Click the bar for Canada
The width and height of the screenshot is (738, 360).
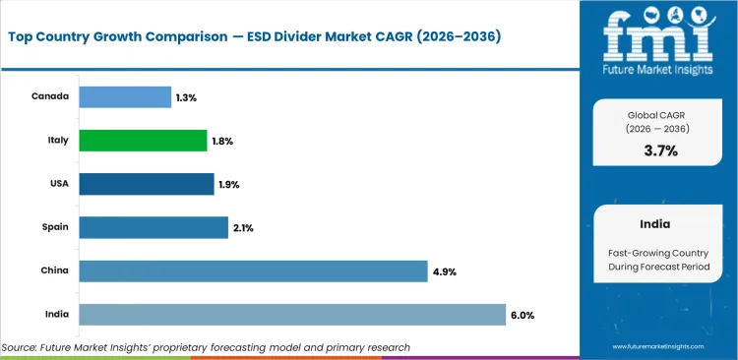tap(124, 97)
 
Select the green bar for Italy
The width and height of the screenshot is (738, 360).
tap(142, 141)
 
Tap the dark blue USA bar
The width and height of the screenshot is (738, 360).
tap(146, 184)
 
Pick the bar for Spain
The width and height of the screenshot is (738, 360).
tap(153, 227)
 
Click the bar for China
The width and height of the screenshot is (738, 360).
tap(253, 270)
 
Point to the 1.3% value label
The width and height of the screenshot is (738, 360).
tap(186, 97)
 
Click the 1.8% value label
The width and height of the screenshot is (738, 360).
tap(222, 141)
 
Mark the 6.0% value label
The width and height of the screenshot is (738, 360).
tap(523, 314)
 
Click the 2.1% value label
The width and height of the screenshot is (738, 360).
tap(243, 227)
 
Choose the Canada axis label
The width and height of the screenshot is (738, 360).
tap(50, 96)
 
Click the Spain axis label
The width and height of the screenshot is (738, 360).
tap(54, 226)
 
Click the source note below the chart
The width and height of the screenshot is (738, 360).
tap(206, 347)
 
